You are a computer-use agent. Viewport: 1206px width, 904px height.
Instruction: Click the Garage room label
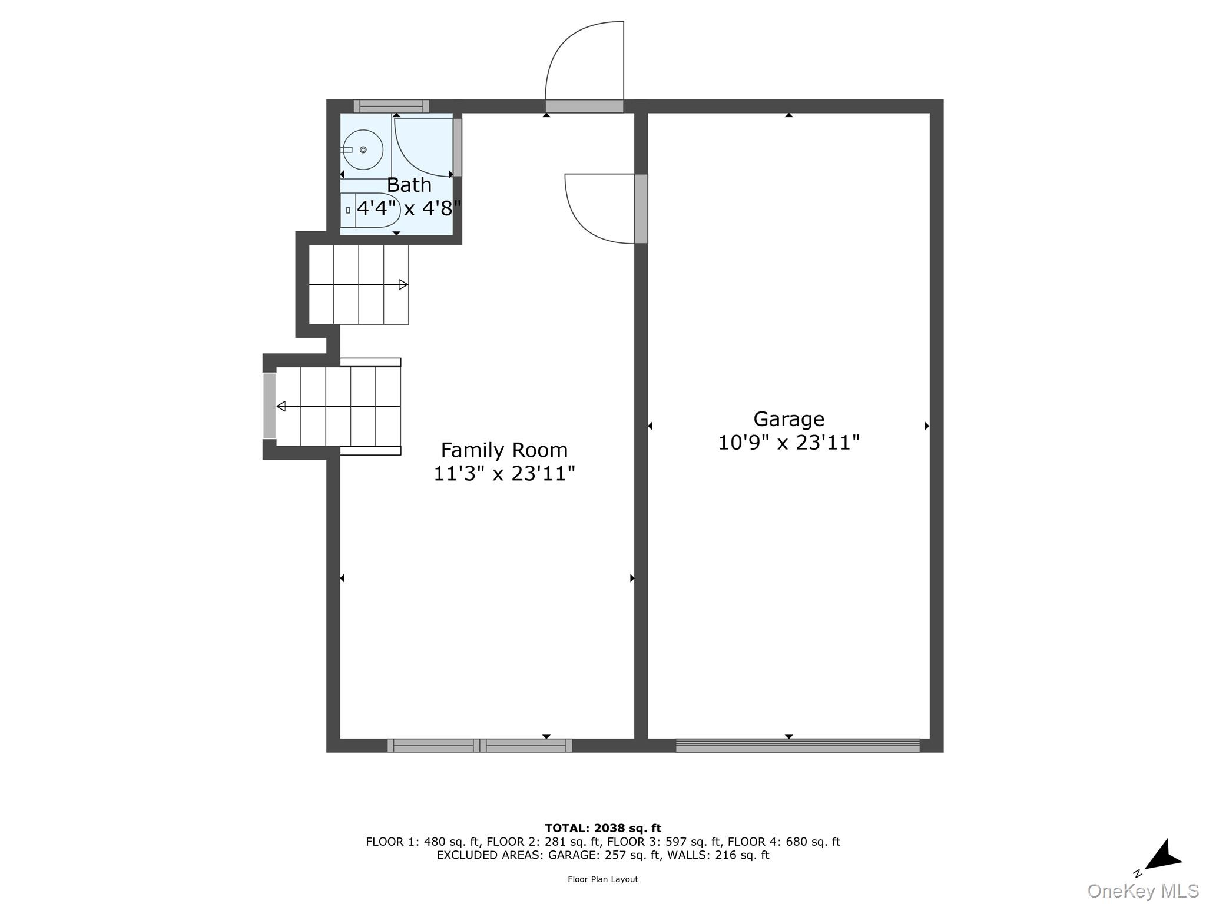tap(788, 419)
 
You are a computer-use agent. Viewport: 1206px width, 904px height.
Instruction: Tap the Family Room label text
tap(504, 450)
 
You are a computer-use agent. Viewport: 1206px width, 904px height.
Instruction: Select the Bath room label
tap(409, 185)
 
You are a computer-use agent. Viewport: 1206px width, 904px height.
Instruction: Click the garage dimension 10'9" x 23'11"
tap(788, 443)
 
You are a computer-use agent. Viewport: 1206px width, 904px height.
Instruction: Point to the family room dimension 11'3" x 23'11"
tap(504, 474)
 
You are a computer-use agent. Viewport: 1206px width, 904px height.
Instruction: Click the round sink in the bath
tap(363, 150)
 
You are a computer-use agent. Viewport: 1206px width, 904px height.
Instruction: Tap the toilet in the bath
tap(370, 210)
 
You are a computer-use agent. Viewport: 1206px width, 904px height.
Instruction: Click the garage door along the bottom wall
tap(797, 746)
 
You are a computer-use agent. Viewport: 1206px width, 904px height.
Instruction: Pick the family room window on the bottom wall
tap(479, 746)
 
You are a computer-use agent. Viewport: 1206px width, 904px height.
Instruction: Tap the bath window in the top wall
tap(391, 107)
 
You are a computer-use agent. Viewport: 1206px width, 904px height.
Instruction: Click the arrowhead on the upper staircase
tap(404, 285)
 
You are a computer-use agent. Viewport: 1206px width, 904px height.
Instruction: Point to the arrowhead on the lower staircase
tap(281, 406)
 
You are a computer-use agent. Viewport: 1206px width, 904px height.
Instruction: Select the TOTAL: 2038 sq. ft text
tap(603, 828)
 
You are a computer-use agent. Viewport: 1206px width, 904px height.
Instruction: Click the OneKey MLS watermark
tap(1143, 890)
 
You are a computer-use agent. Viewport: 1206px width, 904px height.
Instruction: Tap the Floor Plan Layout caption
tap(603, 879)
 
